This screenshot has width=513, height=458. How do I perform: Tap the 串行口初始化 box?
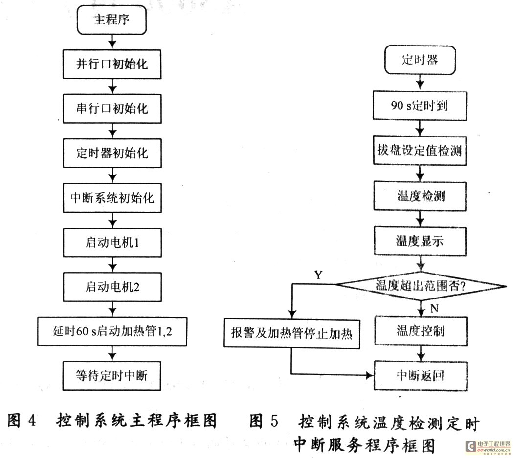point(112,108)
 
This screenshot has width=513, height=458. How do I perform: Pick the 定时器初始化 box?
point(112,152)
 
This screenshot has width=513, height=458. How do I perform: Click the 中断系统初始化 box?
point(112,198)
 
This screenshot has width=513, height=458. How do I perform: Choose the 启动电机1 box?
point(112,243)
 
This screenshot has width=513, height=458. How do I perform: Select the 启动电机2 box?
point(112,286)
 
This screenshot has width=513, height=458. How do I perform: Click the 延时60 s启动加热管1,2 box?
point(112,331)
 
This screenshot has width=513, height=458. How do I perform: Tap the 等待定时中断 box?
point(112,375)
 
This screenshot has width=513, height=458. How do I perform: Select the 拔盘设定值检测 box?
point(420,151)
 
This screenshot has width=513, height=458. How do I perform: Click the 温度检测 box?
point(420,196)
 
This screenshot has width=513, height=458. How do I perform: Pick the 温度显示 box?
point(420,240)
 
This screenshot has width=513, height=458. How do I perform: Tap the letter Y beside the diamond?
point(318,275)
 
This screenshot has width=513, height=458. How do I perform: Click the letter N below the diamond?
point(433,309)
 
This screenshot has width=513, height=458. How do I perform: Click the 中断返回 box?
point(420,375)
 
